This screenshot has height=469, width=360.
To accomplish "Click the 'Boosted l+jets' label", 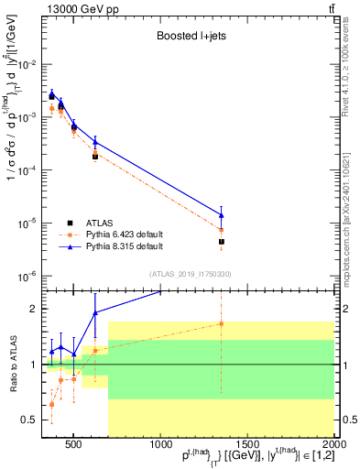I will [x=191, y=37].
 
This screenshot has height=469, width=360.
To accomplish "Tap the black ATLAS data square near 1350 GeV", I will [x=222, y=242].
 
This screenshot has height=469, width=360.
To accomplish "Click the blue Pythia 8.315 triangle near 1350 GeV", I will [x=222, y=215].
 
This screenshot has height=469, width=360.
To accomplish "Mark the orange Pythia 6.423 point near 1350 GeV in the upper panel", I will [x=222, y=229].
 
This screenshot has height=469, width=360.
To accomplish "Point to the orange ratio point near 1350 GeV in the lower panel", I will [x=222, y=323].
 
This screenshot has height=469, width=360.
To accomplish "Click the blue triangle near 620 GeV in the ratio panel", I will [x=95, y=313].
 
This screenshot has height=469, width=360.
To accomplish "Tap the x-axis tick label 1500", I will [x=247, y=445].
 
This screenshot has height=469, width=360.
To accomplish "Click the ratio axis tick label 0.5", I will [x=30, y=420].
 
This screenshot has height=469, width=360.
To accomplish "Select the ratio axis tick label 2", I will [x=36, y=309].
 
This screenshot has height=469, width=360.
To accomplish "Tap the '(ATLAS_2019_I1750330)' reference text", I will [x=190, y=273].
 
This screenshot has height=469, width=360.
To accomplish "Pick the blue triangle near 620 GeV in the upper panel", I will [x=95, y=141].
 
